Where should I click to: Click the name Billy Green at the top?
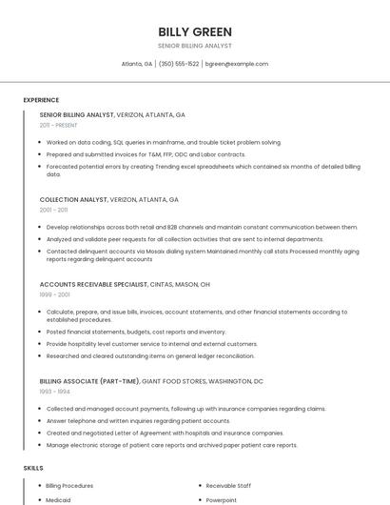pos(195,31)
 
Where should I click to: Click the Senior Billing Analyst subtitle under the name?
pos(195,46)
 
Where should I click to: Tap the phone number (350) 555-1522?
pos(179,64)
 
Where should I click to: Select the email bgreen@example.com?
pos(237,64)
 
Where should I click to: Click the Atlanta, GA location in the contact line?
pos(137,64)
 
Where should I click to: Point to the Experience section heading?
pos(41,100)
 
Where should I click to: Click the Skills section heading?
pos(33,468)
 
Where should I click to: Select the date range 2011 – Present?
pos(58,125)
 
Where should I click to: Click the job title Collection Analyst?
pos(73,200)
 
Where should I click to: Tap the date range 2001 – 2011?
pos(53,210)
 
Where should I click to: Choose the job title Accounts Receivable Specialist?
pos(93,284)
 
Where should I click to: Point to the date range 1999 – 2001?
pos(54,294)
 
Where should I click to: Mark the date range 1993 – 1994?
pos(54,391)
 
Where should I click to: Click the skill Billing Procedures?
pos(69,485)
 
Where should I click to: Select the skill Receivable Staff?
pos(229,485)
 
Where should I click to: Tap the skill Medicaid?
pos(58,499)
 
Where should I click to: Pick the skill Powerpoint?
pos(222,499)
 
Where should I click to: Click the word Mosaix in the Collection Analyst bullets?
pos(159,252)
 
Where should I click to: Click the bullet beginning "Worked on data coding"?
pos(164,142)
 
